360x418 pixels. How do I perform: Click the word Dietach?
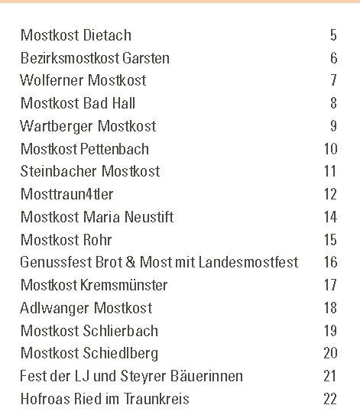[107, 35]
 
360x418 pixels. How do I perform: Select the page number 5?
[333, 35]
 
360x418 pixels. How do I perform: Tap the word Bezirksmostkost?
[70, 58]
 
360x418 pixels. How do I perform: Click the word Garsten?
[146, 58]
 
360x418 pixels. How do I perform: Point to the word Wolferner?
[52, 80]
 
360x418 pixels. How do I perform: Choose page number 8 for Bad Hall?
[333, 103]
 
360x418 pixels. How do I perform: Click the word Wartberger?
[57, 126]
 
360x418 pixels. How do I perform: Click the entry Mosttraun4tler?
[67, 194]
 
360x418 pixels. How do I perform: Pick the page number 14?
[330, 217]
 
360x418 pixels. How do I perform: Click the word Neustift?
[149, 217]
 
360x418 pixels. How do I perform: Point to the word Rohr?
[97, 240]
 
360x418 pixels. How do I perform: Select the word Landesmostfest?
[248, 262]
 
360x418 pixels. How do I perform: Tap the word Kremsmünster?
[124, 285]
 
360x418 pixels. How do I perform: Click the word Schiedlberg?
[121, 354]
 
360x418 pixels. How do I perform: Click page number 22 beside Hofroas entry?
[330, 399]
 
